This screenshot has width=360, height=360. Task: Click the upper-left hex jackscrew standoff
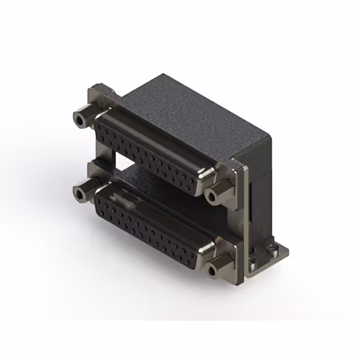(84, 116)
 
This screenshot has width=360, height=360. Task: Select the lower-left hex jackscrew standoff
(84, 191)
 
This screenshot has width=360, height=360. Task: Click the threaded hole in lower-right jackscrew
(213, 271)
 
